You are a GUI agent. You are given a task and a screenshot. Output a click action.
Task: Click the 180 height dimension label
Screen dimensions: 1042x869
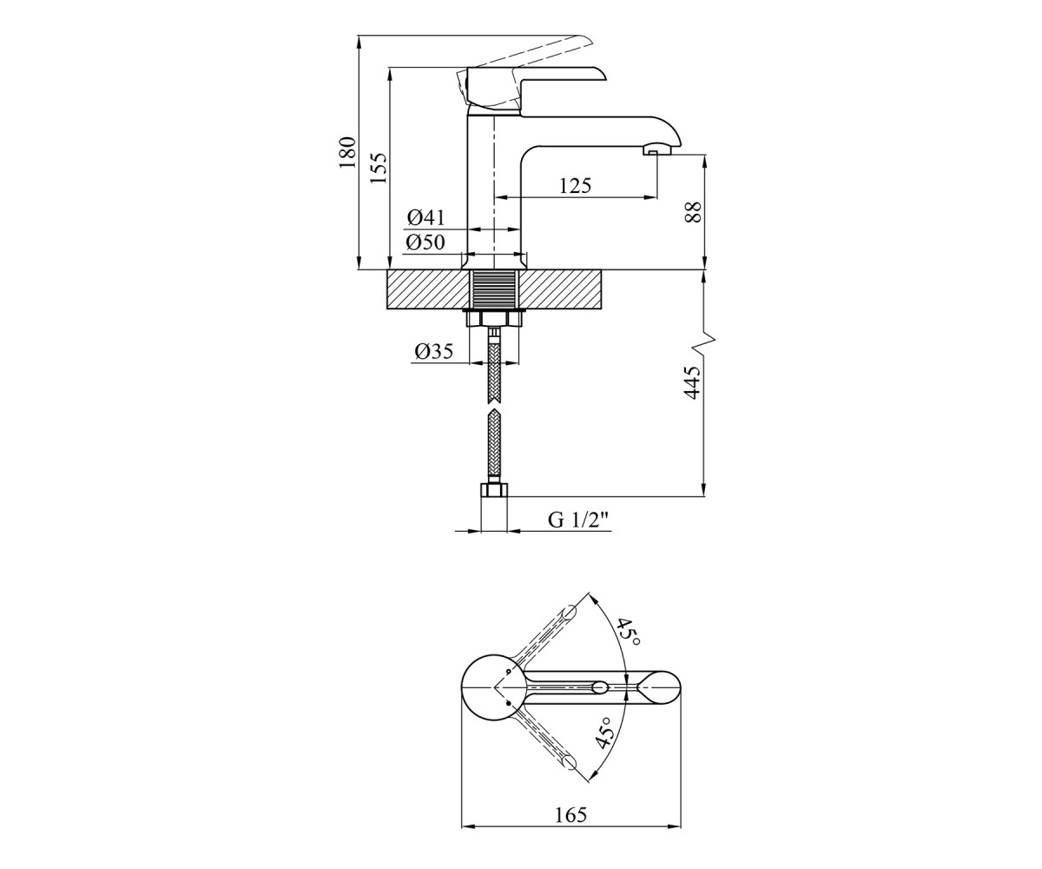coord(347,152)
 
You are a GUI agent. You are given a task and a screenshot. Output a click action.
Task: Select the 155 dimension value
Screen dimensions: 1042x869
coord(379,168)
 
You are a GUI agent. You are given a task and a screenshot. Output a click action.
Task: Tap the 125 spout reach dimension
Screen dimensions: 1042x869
coord(575,186)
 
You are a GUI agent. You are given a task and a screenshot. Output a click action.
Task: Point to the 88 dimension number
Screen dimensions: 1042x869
coord(693,212)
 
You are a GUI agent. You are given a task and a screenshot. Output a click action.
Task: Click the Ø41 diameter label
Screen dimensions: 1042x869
coord(425,217)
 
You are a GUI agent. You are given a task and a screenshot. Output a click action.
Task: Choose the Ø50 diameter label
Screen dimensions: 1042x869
coord(425,242)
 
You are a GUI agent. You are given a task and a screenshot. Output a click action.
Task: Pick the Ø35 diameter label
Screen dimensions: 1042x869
coord(433,352)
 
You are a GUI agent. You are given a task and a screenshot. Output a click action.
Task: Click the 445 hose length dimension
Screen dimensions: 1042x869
coord(692,382)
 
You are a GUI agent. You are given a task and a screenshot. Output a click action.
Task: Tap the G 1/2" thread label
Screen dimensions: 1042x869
coord(579,520)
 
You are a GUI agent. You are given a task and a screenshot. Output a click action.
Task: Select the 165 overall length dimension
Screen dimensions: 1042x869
coord(570,815)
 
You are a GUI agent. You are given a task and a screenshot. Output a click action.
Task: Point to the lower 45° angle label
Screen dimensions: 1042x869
coord(604,733)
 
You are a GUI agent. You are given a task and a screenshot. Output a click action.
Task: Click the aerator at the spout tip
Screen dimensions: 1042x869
coord(657,149)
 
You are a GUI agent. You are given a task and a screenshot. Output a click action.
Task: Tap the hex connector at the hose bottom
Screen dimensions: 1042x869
coord(493,489)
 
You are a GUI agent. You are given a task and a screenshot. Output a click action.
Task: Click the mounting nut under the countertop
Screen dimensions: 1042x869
coord(494,318)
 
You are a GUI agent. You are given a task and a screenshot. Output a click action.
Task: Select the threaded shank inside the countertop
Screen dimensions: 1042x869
coord(494,289)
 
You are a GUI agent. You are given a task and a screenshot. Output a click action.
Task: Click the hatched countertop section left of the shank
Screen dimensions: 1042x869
coord(429,289)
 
